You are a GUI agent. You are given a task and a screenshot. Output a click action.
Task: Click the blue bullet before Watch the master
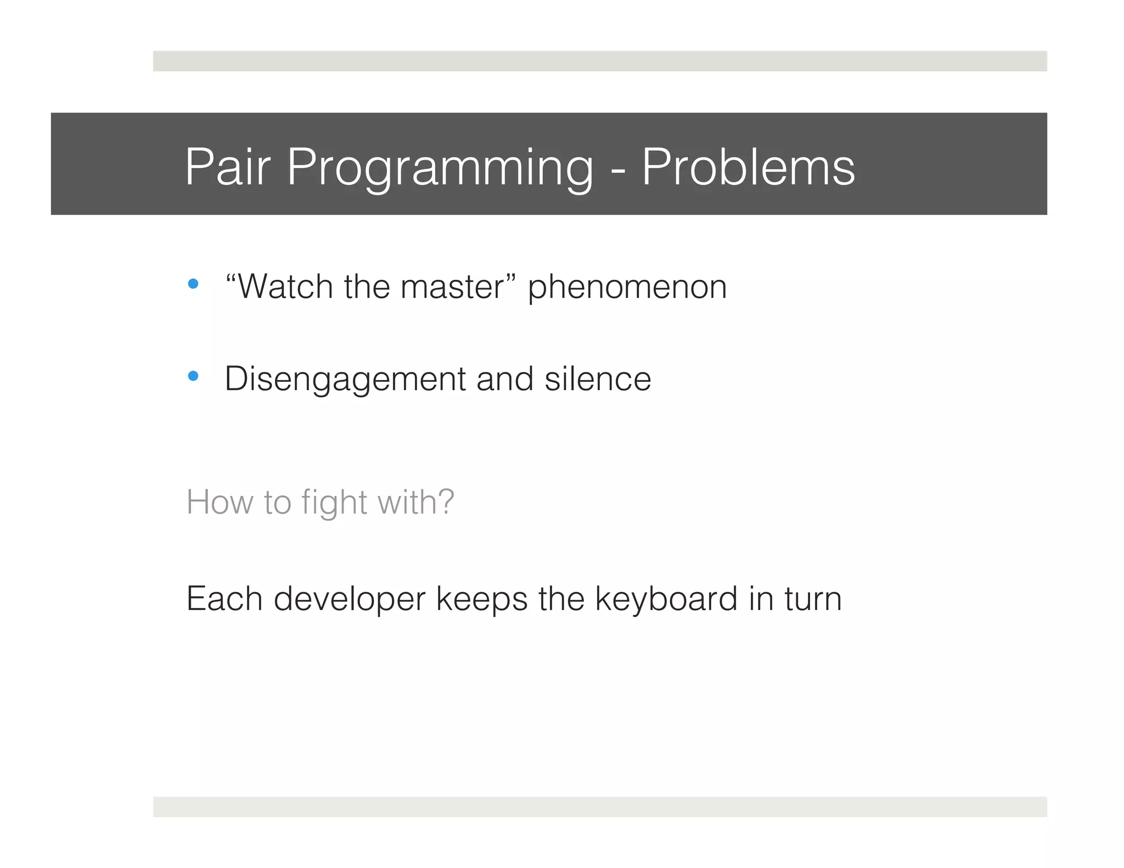coord(193,284)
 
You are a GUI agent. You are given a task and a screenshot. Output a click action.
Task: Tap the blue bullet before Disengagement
coord(193,376)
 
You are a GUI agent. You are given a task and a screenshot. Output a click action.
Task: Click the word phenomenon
coord(627,288)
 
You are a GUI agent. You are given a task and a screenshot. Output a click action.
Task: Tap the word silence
coord(598,379)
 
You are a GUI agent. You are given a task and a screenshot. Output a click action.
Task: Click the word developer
coord(350,599)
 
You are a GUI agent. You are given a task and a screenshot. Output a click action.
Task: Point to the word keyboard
coord(666,599)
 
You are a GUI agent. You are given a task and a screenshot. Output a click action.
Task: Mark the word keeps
coord(482,599)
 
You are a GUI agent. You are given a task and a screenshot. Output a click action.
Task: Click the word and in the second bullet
coord(505,379)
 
